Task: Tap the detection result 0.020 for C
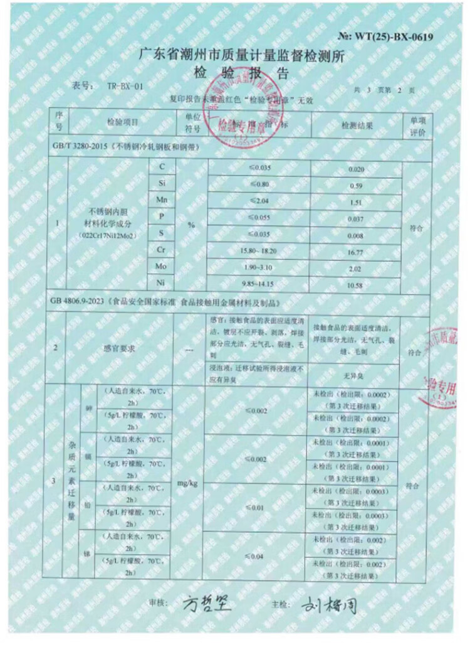[356, 170]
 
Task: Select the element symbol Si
[161, 183]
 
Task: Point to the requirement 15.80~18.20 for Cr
[259, 250]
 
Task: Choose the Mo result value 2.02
[356, 269]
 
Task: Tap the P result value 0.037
[356, 219]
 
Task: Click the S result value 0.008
[356, 236]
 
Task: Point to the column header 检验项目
[122, 122]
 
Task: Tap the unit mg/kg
[188, 484]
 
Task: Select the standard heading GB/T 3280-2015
[78, 148]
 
